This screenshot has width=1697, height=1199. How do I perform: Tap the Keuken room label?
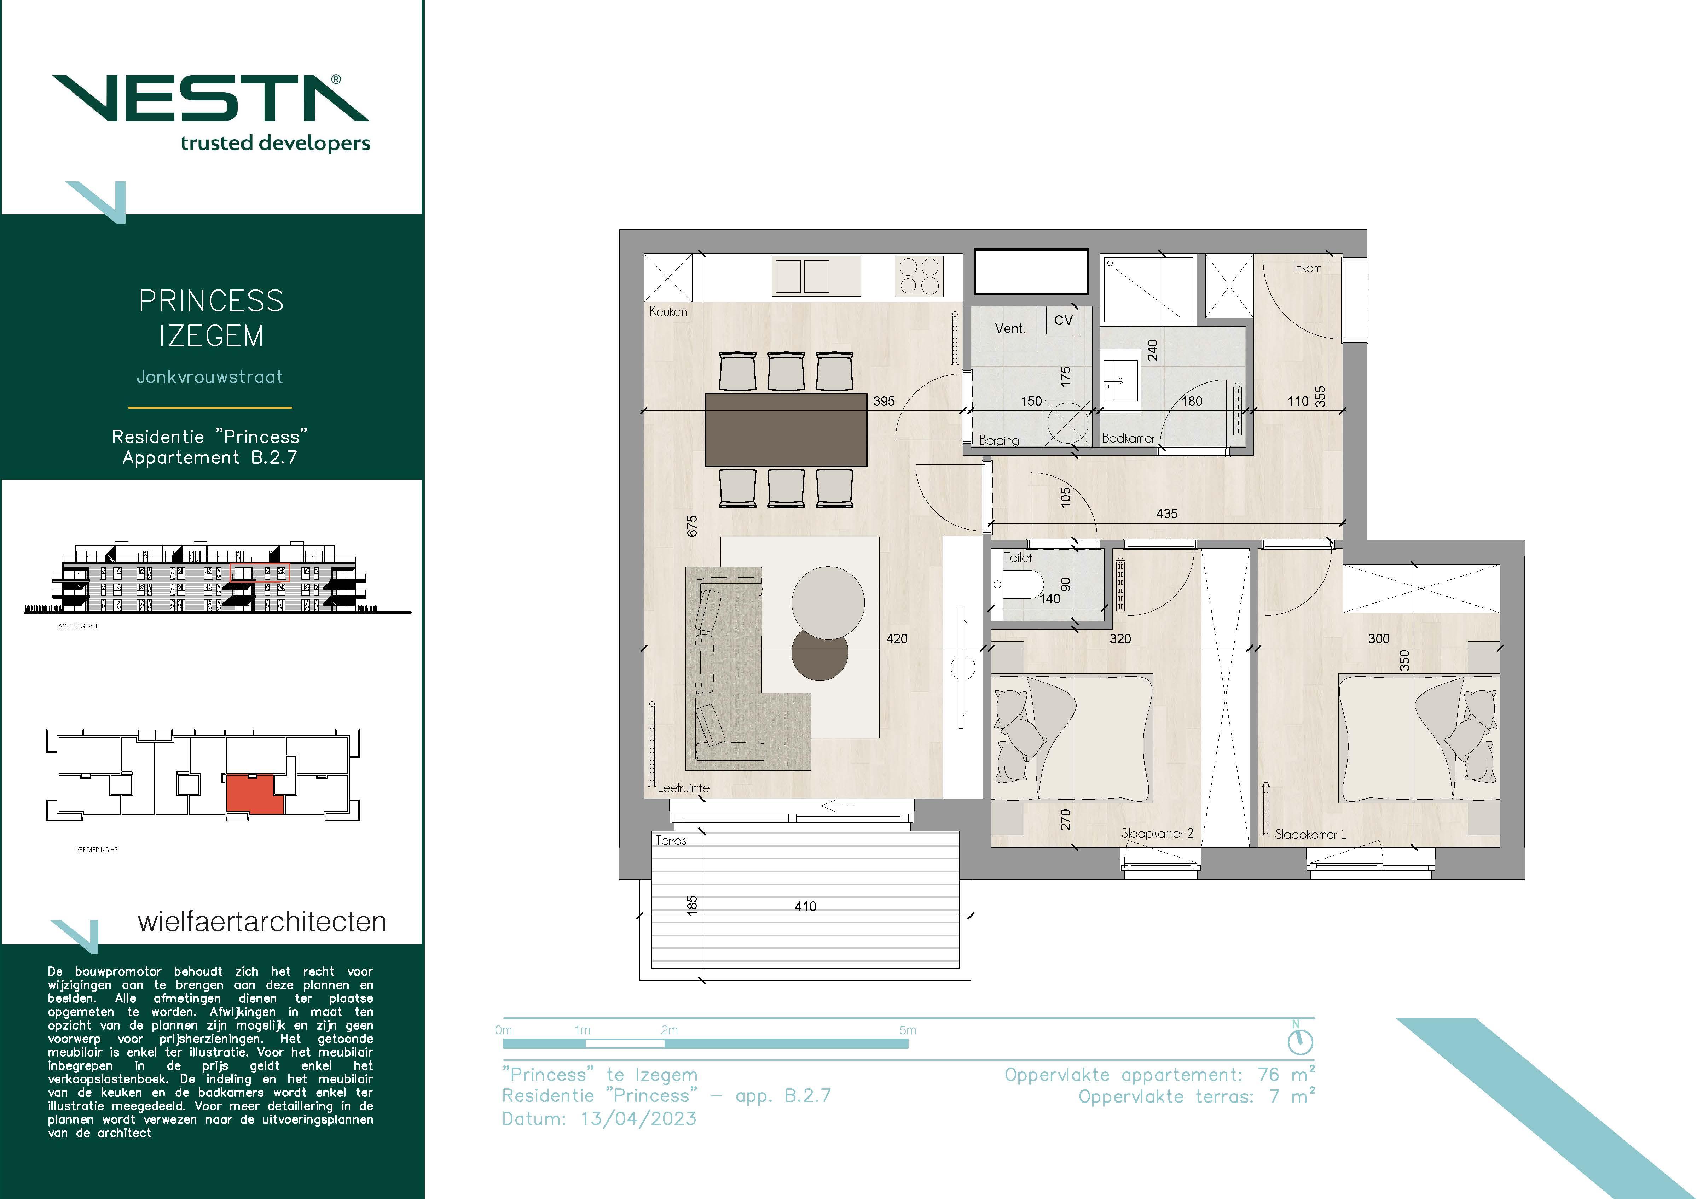668,312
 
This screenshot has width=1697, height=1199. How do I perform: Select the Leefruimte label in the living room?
684,788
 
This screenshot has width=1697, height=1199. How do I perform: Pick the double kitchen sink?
817,276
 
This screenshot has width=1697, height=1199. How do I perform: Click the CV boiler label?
1063,321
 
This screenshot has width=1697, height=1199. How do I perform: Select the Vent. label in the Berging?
1010,329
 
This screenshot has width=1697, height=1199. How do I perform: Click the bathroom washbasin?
1121,380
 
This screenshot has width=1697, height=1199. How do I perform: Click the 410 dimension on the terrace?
806,906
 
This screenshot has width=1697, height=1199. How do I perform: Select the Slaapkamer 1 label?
1310,834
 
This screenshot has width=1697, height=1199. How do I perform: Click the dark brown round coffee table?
820,653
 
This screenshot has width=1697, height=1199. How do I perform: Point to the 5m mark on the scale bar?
908,1030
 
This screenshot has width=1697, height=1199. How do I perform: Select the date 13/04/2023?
639,1118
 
